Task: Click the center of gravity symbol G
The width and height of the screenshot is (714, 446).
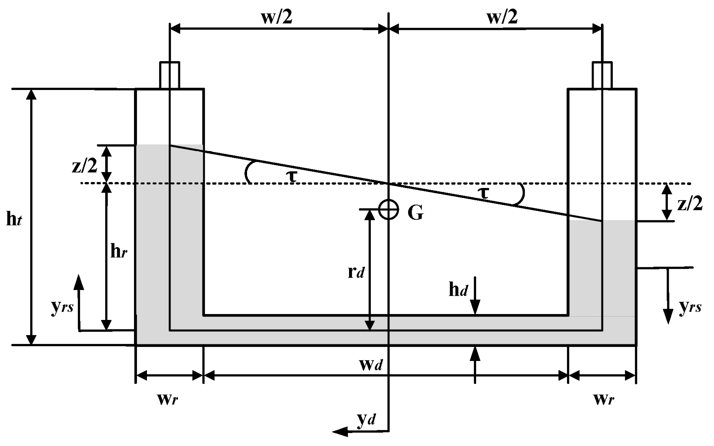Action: tap(388, 210)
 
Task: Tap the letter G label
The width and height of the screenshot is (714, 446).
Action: tap(416, 212)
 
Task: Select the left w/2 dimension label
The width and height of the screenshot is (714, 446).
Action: tap(277, 17)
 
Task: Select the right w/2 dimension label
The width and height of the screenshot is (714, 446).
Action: tap(502, 17)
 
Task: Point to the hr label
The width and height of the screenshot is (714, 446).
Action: tap(118, 251)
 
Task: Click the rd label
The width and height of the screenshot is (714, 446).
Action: tap(356, 272)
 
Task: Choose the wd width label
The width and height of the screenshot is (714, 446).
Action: tap(371, 365)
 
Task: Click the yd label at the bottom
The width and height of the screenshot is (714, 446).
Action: tap(366, 419)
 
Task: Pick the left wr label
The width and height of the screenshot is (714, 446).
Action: tap(167, 399)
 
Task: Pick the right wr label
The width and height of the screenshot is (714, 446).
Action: tap(603, 399)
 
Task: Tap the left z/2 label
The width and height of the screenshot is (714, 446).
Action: tap(85, 166)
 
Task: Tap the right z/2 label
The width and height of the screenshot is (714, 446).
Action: tap(690, 204)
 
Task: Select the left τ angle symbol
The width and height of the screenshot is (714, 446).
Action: tap(292, 176)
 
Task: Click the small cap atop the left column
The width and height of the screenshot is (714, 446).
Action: tap(170, 75)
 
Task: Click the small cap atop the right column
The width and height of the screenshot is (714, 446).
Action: tap(602, 75)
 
